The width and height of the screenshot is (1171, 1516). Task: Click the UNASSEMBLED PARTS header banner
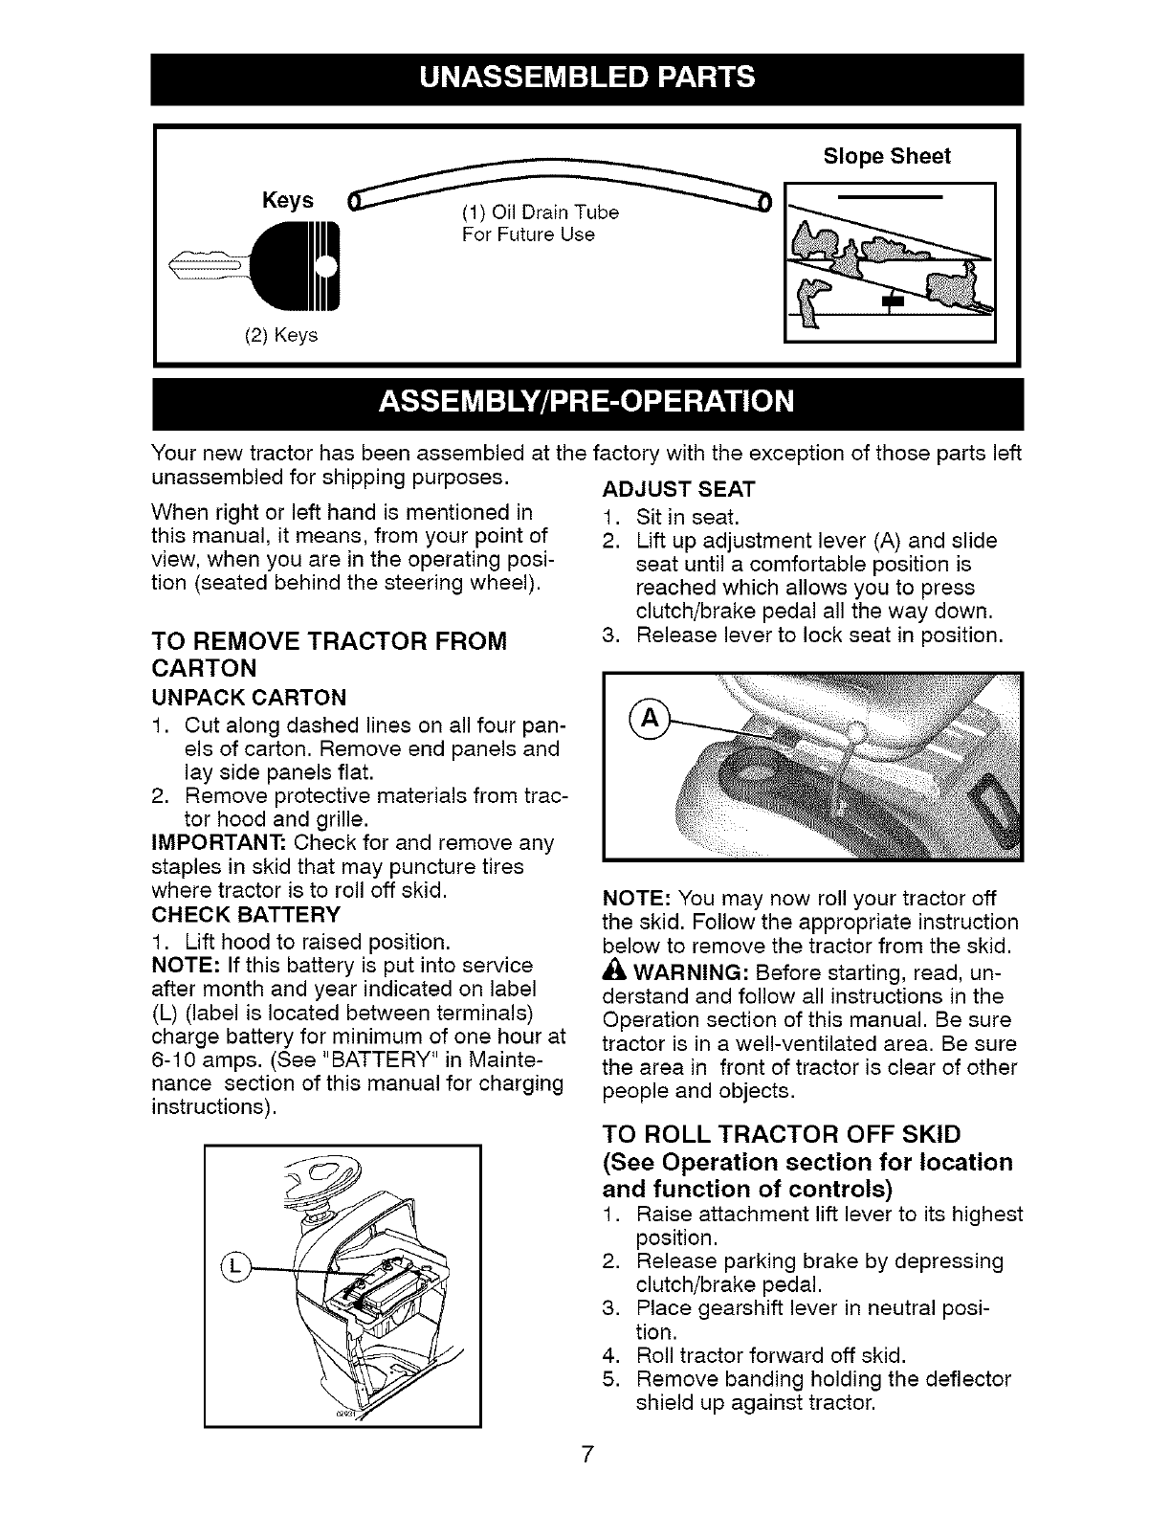tap(585, 78)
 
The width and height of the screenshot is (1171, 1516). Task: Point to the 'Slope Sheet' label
tap(887, 157)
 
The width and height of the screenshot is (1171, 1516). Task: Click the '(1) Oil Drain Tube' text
tap(541, 212)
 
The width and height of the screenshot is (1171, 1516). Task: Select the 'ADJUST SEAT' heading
tap(678, 490)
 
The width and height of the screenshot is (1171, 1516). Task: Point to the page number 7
tap(588, 1456)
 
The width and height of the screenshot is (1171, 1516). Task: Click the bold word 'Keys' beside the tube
tap(288, 200)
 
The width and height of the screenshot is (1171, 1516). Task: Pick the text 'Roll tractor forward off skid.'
tap(769, 1355)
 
